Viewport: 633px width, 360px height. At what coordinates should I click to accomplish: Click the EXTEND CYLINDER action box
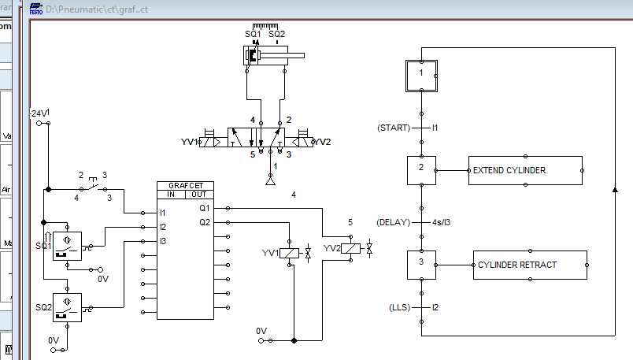pyautogui.click(x=525, y=170)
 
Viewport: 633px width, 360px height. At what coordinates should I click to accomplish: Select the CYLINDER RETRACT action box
pyautogui.click(x=530, y=265)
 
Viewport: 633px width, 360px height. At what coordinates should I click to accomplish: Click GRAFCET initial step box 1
pyautogui.click(x=421, y=74)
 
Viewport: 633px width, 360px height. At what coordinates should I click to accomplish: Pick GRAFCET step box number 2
pyautogui.click(x=421, y=169)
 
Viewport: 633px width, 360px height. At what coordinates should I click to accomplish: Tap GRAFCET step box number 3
pyautogui.click(x=421, y=264)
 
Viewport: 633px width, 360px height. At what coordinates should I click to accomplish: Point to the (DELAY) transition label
pyautogui.click(x=394, y=222)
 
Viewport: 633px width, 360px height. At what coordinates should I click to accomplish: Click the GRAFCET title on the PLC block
pyautogui.click(x=185, y=186)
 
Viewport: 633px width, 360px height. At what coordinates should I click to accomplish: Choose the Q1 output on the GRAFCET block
pyautogui.click(x=205, y=209)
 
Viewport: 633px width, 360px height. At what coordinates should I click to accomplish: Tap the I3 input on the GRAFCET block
pyautogui.click(x=163, y=240)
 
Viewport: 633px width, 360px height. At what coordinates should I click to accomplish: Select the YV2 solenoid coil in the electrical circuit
pyautogui.click(x=352, y=249)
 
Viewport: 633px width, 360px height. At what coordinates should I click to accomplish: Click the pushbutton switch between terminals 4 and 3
pyautogui.click(x=93, y=187)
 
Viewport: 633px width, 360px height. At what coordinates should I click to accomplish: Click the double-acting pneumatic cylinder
pyautogui.click(x=272, y=56)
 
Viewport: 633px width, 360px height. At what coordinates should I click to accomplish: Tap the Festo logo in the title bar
pyautogui.click(x=36, y=8)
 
